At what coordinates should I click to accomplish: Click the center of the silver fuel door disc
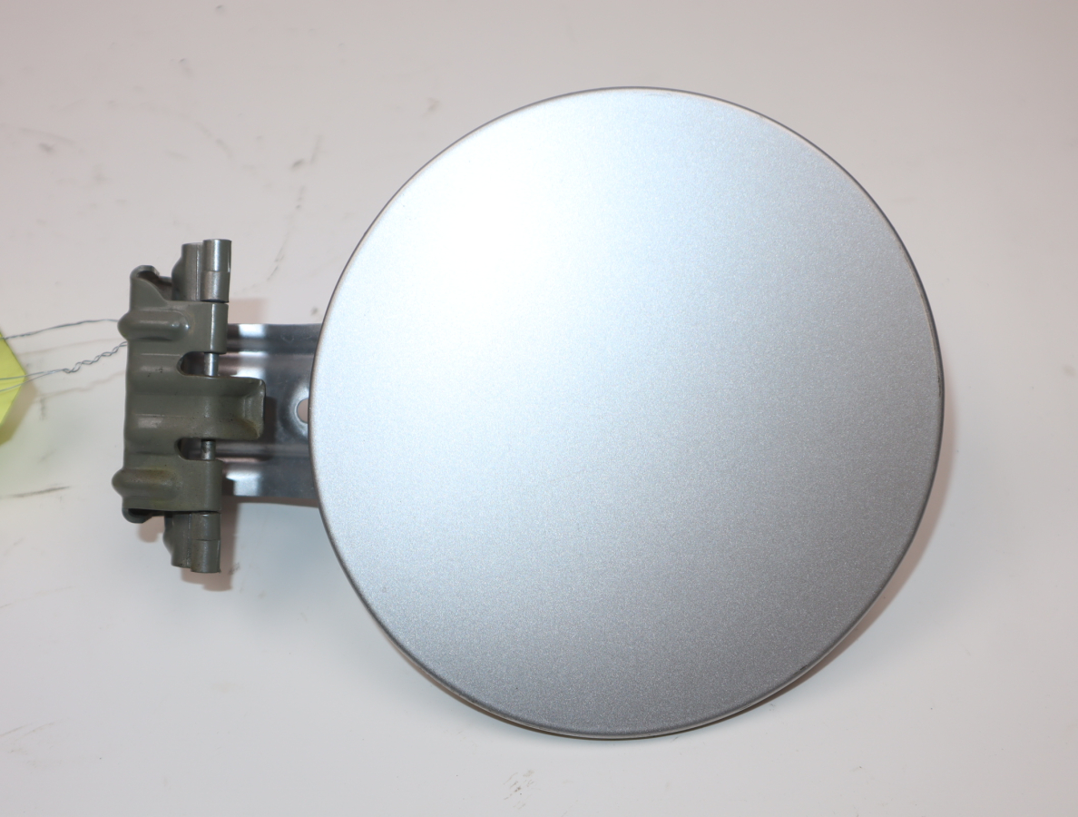pyautogui.click(x=626, y=413)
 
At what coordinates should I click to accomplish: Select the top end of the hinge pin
pyautogui.click(x=217, y=245)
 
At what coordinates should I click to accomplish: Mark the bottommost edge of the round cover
pyautogui.click(x=617, y=736)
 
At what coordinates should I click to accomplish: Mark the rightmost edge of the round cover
pyautogui.click(x=941, y=408)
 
